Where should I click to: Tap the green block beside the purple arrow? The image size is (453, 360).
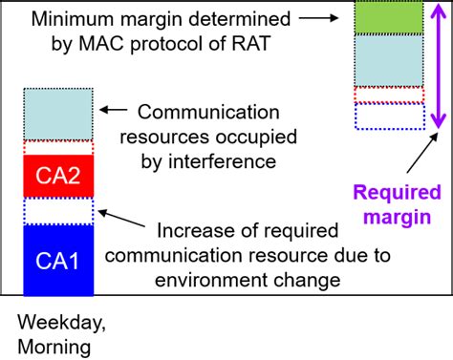388,18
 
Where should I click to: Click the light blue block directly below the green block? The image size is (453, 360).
388,60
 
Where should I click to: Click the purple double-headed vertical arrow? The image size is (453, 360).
436,66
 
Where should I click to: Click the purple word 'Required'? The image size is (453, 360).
395,192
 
